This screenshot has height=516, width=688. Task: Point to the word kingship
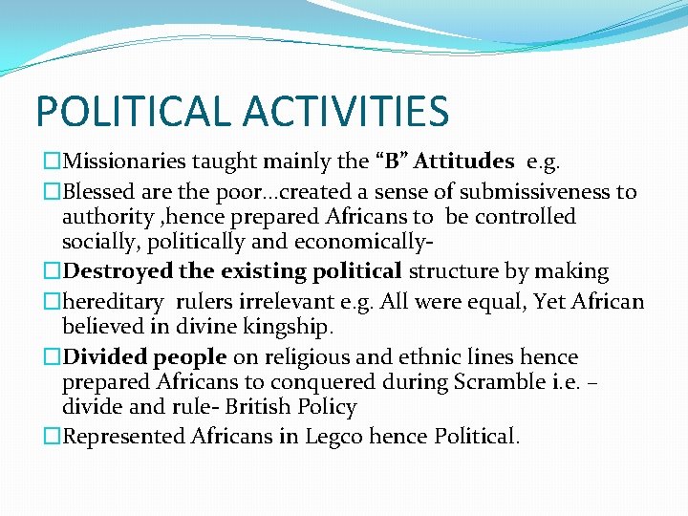click(x=292, y=328)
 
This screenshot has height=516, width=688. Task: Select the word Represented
click(x=123, y=437)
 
